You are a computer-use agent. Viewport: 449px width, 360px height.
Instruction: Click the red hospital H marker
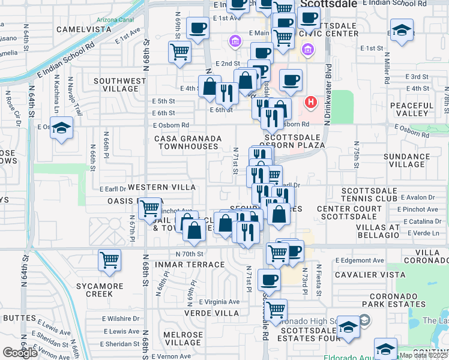coord(311,103)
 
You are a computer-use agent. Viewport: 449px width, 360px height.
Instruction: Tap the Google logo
coord(20,353)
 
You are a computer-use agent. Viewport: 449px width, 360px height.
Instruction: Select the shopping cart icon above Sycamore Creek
coord(110,260)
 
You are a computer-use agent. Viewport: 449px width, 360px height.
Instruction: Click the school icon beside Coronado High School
coord(348,327)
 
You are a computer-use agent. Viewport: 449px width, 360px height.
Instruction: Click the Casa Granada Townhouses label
coord(188,142)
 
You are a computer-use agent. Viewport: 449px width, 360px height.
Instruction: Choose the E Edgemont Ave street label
coord(359,260)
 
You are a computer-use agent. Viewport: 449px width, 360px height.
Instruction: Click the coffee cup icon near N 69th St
coord(197,28)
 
